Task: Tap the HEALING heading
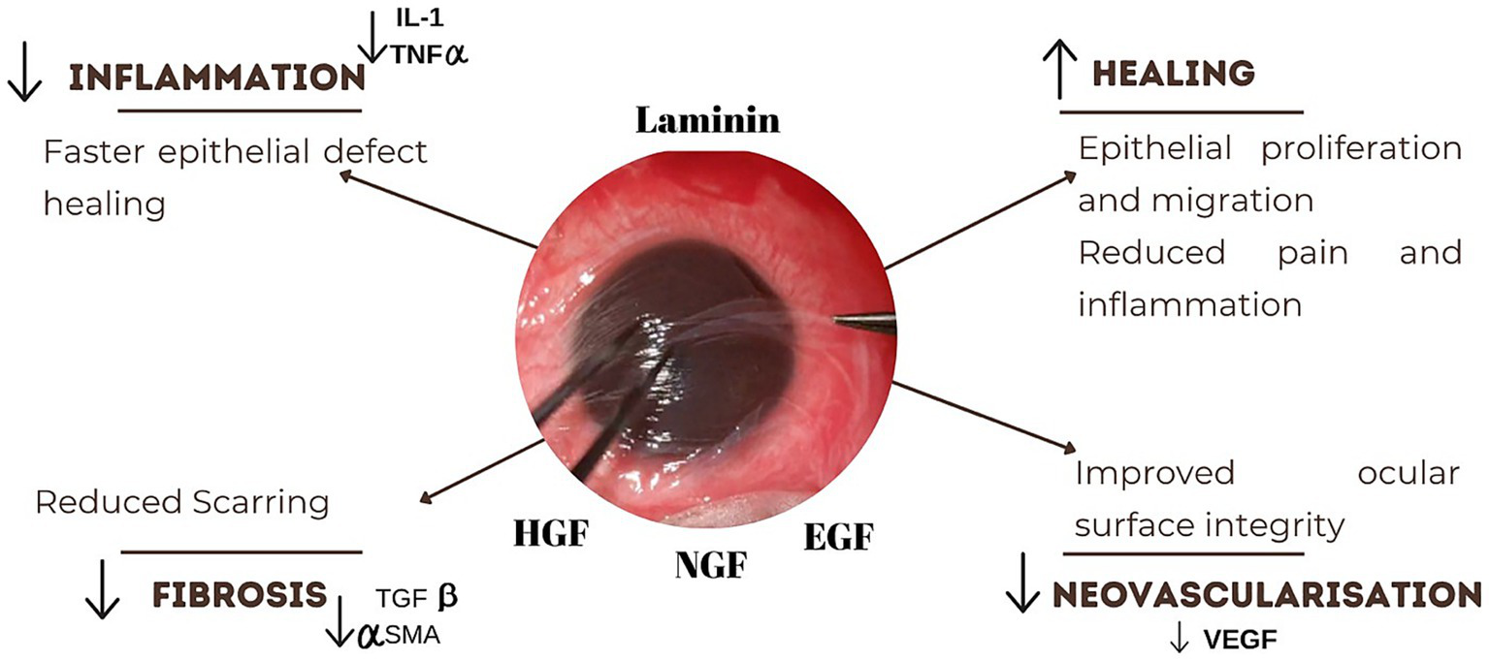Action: [1174, 73]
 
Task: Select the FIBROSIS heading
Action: [239, 595]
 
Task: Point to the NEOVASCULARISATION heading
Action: [1267, 595]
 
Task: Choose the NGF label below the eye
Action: [711, 564]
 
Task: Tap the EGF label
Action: [838, 535]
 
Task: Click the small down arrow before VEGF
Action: [1179, 639]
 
